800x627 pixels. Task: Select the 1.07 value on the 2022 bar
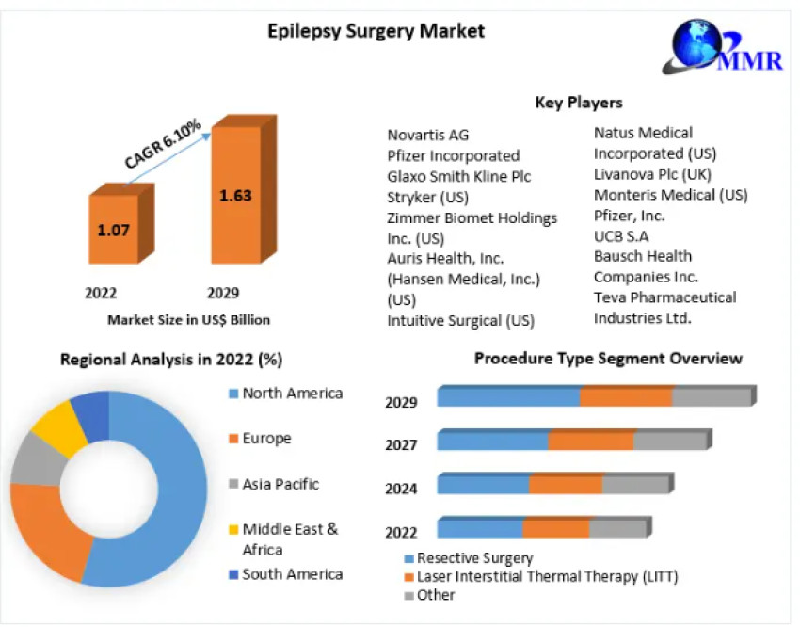pos(113,229)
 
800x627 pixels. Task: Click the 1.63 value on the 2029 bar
pos(234,196)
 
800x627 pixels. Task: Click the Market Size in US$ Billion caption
pos(188,320)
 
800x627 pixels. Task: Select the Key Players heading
pos(578,102)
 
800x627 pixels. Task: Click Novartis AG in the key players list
pos(427,135)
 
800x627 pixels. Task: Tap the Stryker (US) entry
pos(427,197)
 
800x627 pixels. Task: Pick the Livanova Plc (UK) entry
pos(652,174)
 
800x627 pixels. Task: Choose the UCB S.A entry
pos(620,236)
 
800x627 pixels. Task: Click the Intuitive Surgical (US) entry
pos(460,320)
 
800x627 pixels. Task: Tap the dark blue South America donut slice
pos(91,411)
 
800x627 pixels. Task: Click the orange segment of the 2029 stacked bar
pos(626,396)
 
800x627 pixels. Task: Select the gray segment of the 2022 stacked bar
pos(617,528)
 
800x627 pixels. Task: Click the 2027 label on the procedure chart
pos(401,444)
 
